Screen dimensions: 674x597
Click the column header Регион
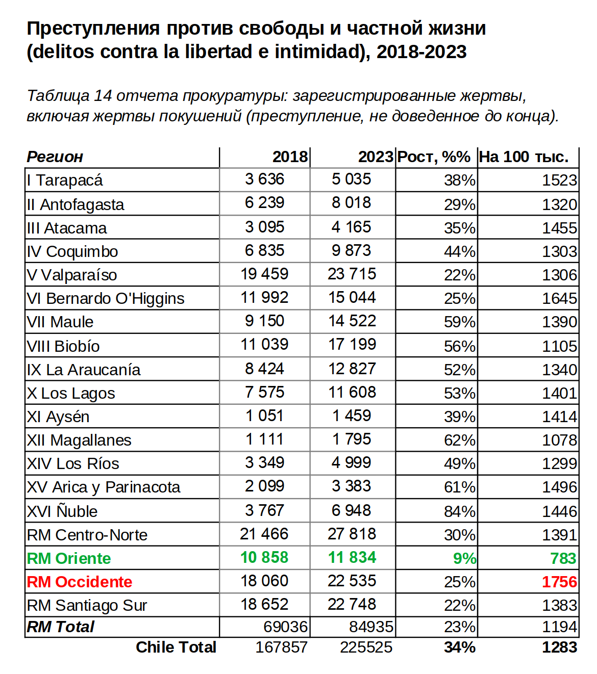pos(55,157)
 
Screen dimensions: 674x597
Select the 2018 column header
pos(290,157)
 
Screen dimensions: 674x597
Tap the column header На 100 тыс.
pos(524,157)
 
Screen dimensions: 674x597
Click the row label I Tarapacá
pos(65,180)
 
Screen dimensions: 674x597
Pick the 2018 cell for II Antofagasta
pos(264,203)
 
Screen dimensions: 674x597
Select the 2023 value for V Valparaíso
pos(352,274)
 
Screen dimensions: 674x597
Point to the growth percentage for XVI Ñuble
pos(459,511)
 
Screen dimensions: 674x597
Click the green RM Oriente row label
pos(69,559)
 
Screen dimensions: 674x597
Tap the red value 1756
pos(559,582)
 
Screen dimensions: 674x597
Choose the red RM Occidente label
pos(80,582)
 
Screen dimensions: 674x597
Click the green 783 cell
pos(563,559)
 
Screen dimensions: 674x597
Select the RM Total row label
pos(61,627)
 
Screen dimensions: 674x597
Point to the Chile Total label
pos(176,647)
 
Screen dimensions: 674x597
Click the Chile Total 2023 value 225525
pos(366,647)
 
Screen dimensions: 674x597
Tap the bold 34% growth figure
pos(459,647)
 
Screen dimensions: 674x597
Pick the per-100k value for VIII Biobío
pos(559,347)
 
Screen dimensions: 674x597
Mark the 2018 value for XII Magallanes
pos(264,439)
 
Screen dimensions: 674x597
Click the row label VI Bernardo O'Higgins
pos(106,299)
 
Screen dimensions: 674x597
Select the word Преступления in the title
pos(93,29)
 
